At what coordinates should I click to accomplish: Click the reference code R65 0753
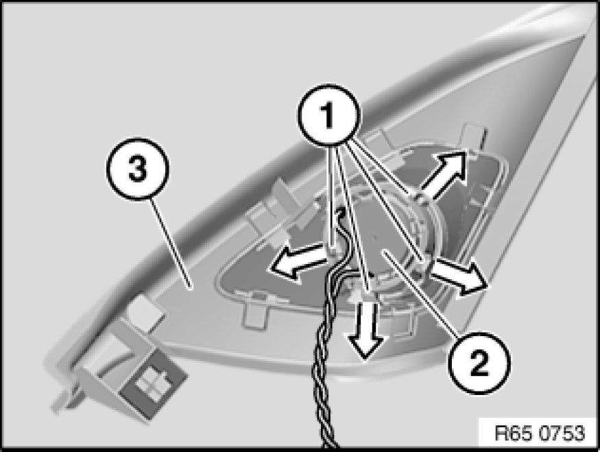(x=540, y=433)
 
